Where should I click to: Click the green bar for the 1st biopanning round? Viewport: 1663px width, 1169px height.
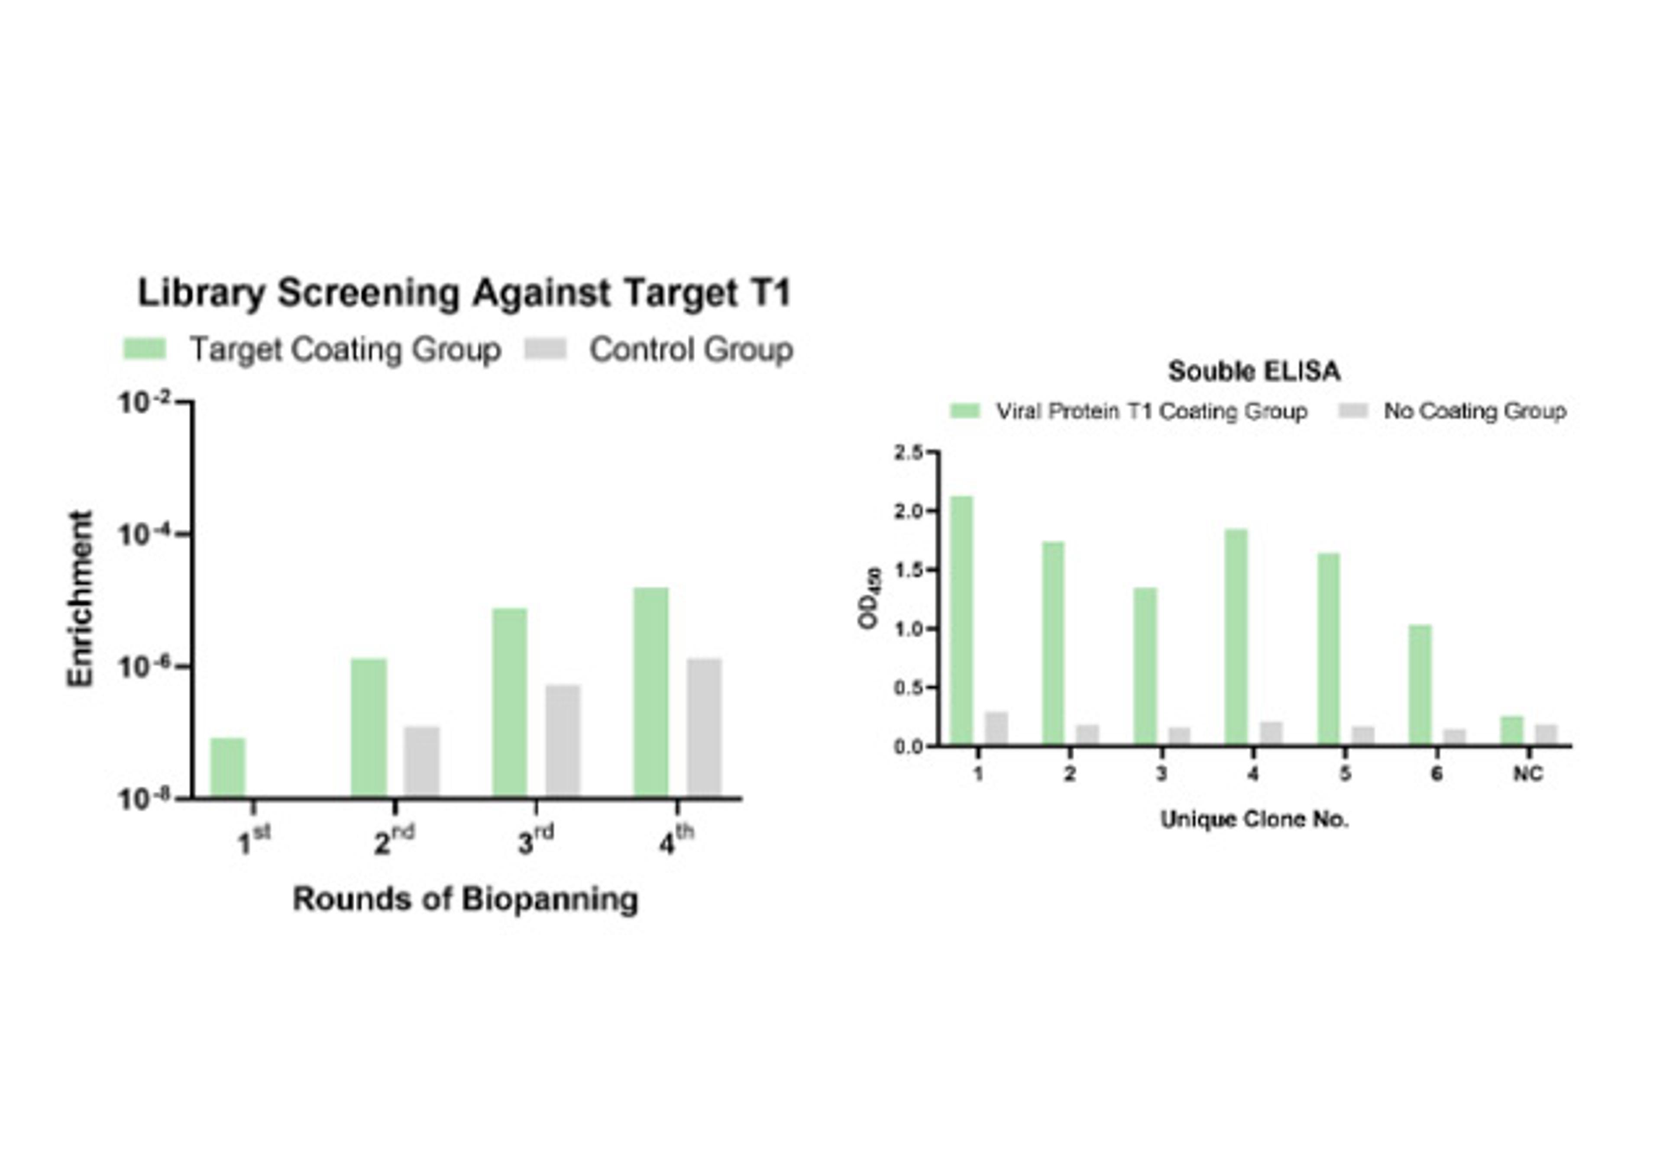[227, 768]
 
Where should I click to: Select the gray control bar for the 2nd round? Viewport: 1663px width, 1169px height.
[421, 761]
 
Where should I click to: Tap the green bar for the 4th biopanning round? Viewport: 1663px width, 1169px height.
[650, 692]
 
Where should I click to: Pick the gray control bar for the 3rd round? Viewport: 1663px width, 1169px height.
[563, 740]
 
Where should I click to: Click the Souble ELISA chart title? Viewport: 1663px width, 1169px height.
[1254, 371]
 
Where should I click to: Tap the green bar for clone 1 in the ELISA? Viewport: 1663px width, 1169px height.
[961, 620]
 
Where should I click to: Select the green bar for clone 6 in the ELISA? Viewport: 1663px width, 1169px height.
[1420, 685]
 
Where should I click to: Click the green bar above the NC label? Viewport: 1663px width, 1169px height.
[1511, 730]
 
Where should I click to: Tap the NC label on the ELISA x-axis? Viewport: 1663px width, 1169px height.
[1527, 774]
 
